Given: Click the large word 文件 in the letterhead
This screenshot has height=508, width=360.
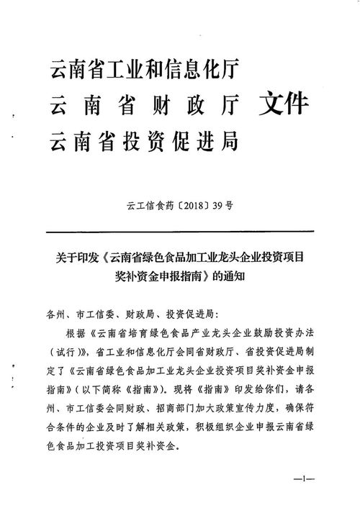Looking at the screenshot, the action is (x=284, y=106).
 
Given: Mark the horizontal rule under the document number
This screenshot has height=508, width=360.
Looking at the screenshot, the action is (x=180, y=232).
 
